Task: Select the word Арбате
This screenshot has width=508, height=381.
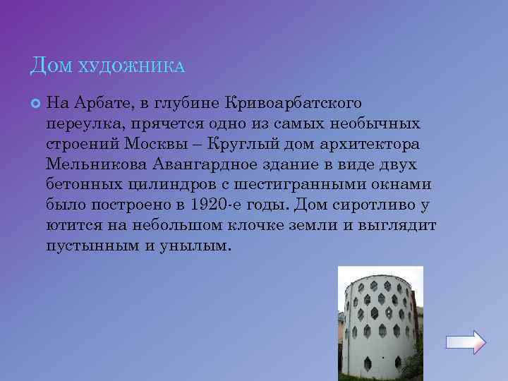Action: pyautogui.click(x=107, y=104)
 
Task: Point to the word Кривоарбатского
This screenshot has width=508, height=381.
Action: pyautogui.click(x=293, y=104)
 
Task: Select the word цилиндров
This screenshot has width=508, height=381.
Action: pyautogui.click(x=167, y=185)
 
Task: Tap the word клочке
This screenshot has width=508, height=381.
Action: pyautogui.click(x=262, y=226)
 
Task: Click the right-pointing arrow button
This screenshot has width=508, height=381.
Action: pyautogui.click(x=466, y=342)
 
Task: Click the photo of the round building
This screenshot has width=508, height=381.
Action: pyautogui.click(x=380, y=323)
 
